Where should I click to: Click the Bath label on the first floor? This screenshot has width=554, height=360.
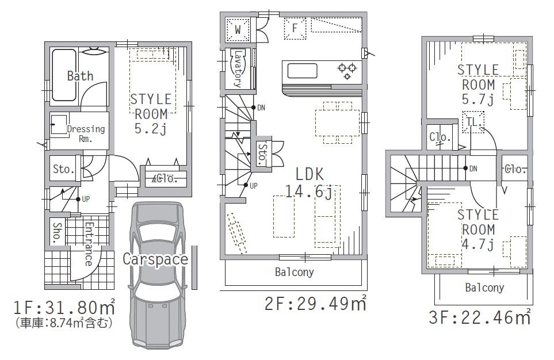point(80,76)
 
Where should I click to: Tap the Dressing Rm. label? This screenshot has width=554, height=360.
point(86,134)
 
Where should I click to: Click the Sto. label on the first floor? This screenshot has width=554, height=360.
point(63,170)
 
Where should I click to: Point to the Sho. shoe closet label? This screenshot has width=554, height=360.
point(58,232)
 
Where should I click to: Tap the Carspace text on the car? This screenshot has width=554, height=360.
point(155,259)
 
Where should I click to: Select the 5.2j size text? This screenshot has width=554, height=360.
point(150,128)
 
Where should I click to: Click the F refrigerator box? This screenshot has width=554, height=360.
point(295,28)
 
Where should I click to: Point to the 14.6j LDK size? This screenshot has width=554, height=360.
point(309,192)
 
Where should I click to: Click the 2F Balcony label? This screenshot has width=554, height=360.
point(295,272)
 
